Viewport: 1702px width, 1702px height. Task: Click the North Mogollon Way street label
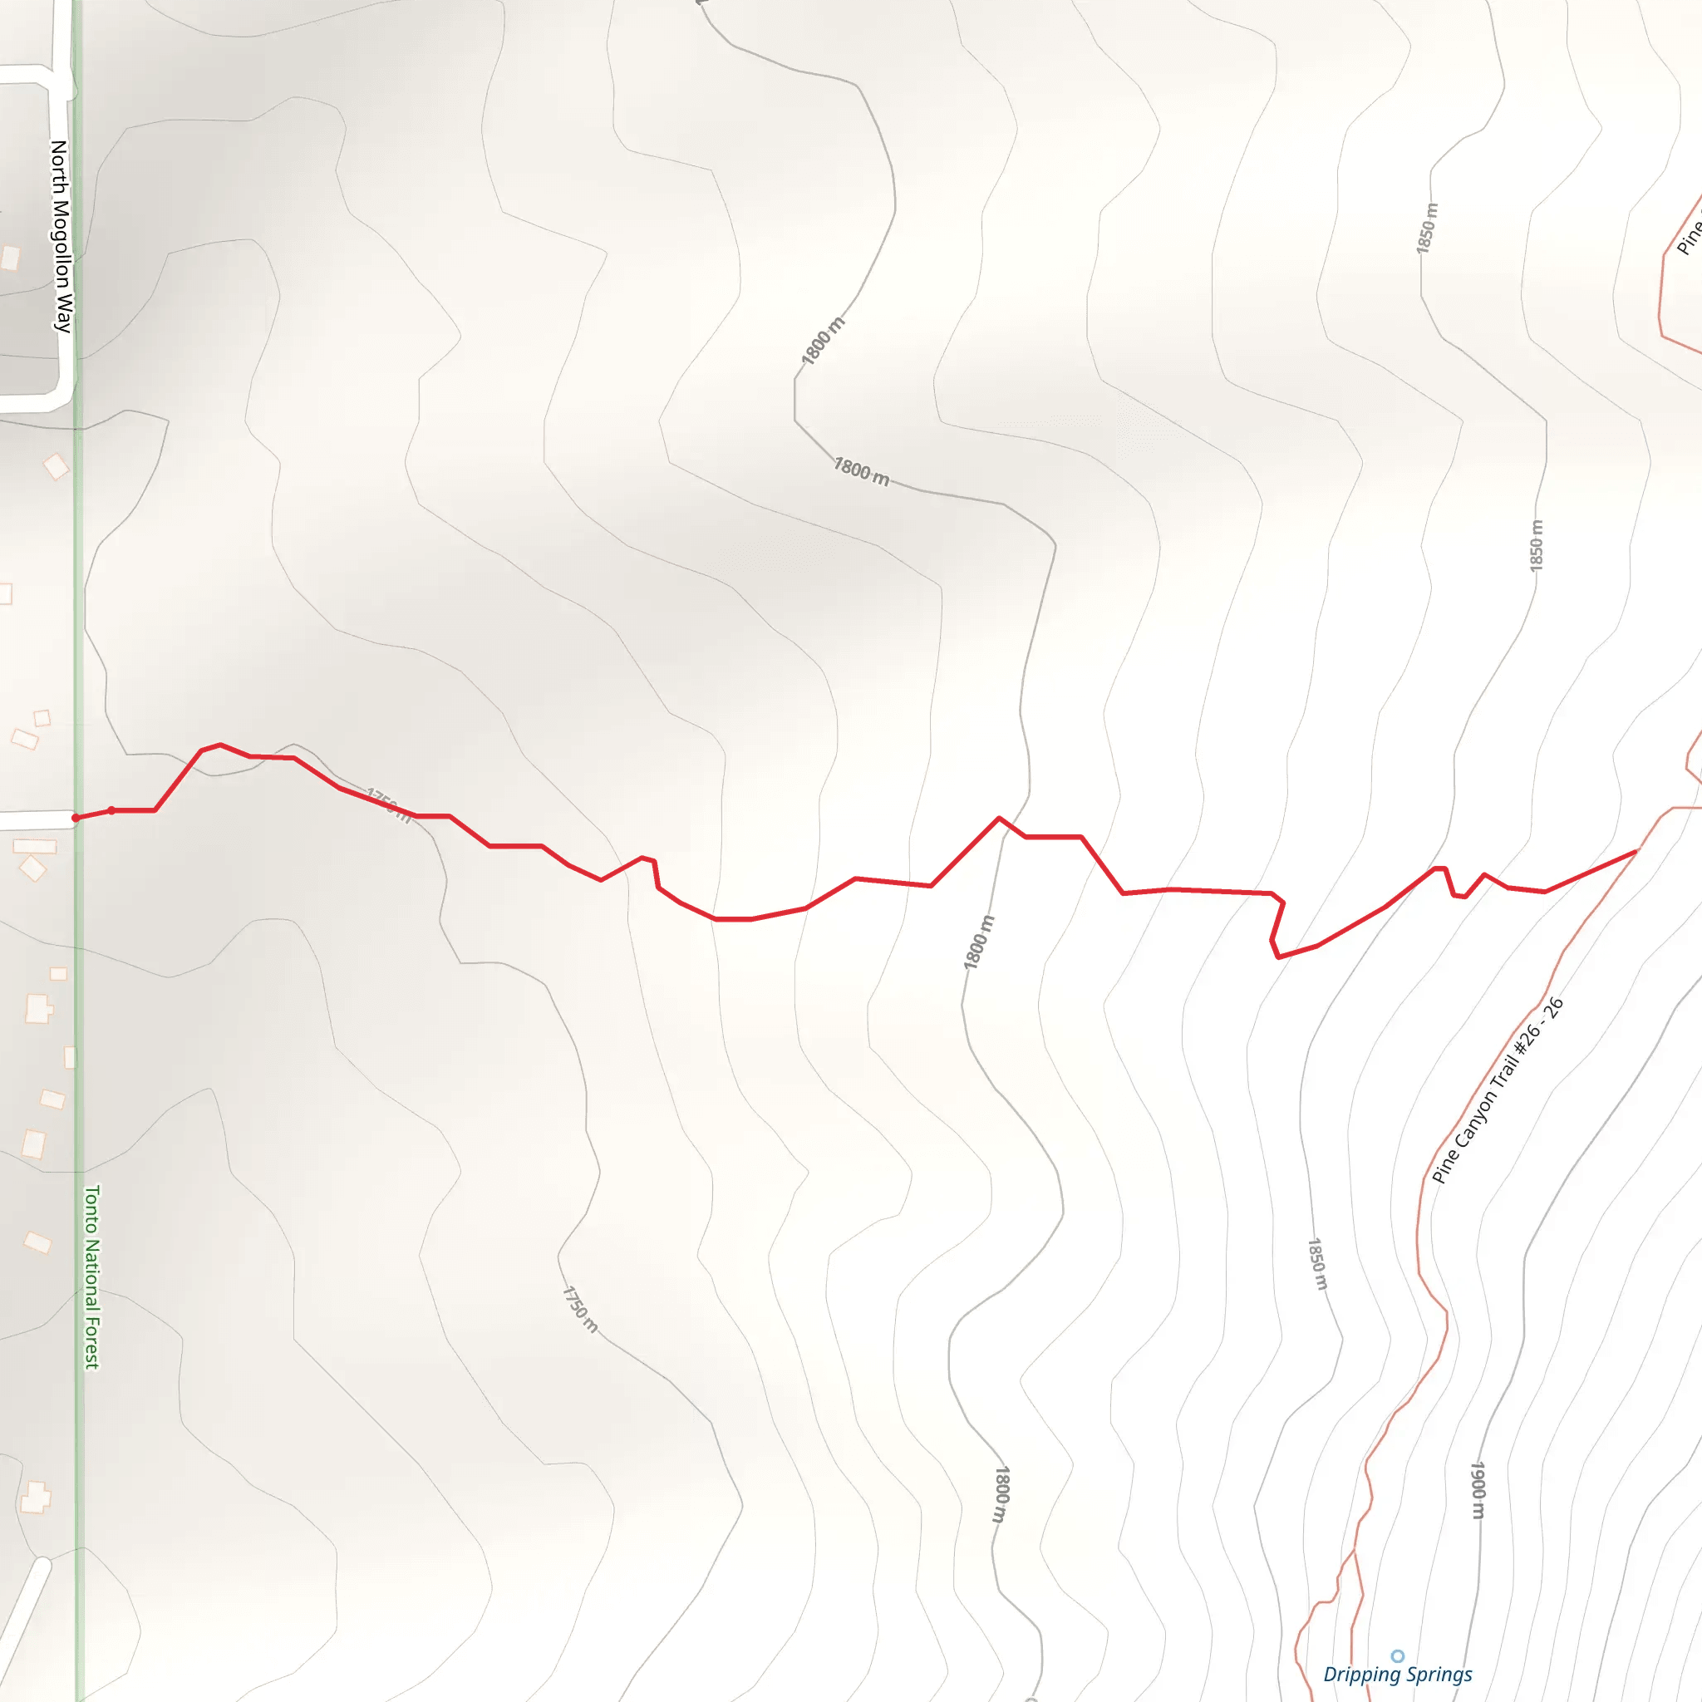click(60, 236)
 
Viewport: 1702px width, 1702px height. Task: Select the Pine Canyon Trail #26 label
click(1497, 1090)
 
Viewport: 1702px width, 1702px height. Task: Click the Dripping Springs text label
click(1397, 1675)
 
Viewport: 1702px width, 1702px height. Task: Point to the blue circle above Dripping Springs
click(1397, 1656)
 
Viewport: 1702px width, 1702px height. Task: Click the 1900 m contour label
click(1478, 1490)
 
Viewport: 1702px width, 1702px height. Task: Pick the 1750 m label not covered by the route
click(580, 1309)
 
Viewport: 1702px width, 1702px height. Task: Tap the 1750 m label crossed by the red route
click(388, 805)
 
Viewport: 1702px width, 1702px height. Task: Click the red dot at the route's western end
click(76, 819)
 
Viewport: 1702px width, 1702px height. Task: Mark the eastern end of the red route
click(1636, 852)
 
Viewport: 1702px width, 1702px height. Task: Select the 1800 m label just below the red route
click(978, 942)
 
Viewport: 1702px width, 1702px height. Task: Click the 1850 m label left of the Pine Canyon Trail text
click(1316, 1263)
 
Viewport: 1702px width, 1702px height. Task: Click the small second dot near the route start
click(111, 810)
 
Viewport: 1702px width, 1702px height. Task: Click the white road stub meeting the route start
click(35, 820)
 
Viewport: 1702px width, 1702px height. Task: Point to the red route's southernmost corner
click(1278, 957)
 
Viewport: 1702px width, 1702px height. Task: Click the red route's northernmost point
click(220, 745)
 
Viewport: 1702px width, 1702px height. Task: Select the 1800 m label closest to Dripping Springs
click(1001, 1494)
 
